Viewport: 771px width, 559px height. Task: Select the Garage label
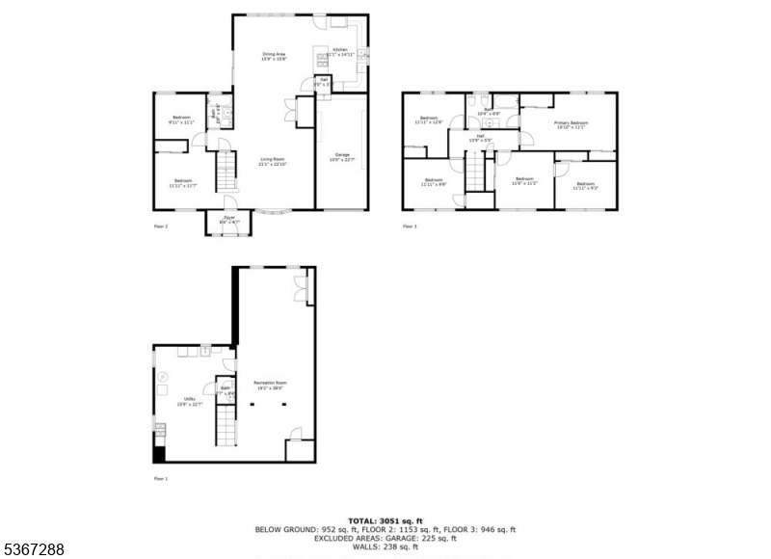tap(341, 156)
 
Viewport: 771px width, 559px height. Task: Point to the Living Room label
tap(272, 162)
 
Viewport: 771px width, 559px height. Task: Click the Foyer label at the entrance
tap(229, 221)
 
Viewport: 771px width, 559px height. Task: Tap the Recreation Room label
tap(270, 385)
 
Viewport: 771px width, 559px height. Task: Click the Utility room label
tap(182, 402)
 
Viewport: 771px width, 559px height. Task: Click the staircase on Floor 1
tap(225, 425)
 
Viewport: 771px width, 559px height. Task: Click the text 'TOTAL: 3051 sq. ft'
tap(385, 520)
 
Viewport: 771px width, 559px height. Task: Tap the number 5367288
tap(34, 549)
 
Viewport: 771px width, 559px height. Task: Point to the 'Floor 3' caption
tap(410, 226)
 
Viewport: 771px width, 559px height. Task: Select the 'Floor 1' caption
tap(160, 478)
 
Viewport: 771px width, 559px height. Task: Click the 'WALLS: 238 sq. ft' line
tap(385, 546)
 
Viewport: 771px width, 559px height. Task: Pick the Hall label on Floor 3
tap(480, 139)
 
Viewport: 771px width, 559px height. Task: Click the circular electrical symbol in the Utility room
tap(163, 375)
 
